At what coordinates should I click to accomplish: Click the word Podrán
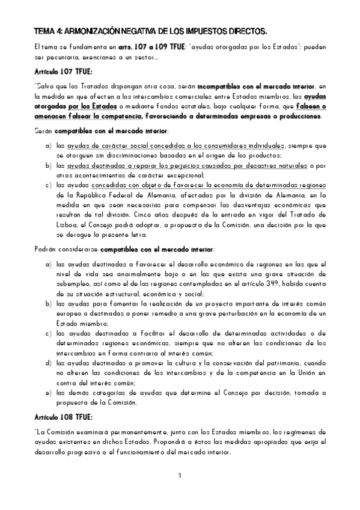click(46, 249)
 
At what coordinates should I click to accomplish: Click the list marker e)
click(47, 393)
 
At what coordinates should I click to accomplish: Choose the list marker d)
click(47, 363)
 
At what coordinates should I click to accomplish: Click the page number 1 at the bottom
click(180, 477)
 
